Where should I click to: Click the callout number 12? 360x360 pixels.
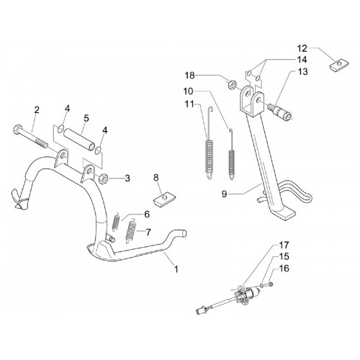click(x=302, y=48)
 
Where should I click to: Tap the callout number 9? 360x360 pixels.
click(x=224, y=194)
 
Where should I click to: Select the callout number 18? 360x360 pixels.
click(x=189, y=76)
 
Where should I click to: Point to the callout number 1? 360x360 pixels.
click(x=176, y=269)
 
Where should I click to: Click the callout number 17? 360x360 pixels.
click(x=284, y=246)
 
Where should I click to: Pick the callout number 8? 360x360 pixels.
click(x=156, y=178)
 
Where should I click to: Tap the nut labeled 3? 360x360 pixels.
click(x=104, y=179)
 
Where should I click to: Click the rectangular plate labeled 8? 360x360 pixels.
click(x=164, y=200)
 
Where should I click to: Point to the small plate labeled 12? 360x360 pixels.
click(x=339, y=65)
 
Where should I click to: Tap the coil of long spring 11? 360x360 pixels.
click(x=210, y=156)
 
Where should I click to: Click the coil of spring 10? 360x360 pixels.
click(x=232, y=161)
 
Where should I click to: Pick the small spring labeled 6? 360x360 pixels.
click(x=116, y=222)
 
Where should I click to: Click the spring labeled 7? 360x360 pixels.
click(x=130, y=232)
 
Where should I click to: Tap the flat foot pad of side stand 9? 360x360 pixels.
click(x=285, y=215)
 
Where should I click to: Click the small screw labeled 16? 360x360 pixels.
click(x=271, y=284)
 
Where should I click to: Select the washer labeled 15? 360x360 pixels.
click(x=262, y=285)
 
